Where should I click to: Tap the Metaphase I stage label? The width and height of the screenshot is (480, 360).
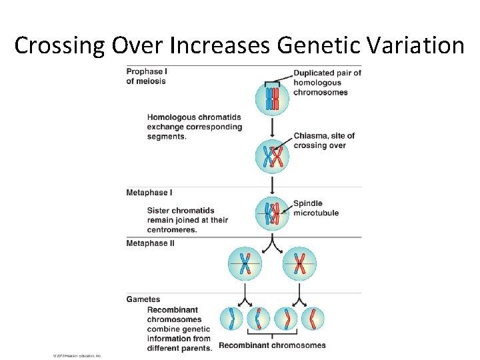point(149,193)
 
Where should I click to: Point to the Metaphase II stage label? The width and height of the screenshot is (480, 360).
point(151,243)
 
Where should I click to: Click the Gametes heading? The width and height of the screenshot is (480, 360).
point(143,299)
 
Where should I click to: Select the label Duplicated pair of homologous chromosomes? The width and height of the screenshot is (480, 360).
point(327,83)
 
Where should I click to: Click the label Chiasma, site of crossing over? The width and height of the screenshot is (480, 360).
point(324,140)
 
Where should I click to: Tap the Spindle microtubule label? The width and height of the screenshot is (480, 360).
point(316,208)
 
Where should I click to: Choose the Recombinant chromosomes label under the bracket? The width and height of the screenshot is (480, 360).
point(272,345)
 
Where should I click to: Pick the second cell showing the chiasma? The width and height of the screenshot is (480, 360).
point(273,157)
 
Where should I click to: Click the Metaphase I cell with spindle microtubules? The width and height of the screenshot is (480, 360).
point(273,213)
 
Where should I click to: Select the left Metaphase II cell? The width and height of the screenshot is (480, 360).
point(245,264)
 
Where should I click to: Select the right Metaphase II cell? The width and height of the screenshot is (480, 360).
point(299,264)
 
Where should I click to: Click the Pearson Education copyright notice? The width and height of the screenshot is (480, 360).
point(77,356)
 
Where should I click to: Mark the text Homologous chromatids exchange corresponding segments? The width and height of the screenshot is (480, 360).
point(194,127)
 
